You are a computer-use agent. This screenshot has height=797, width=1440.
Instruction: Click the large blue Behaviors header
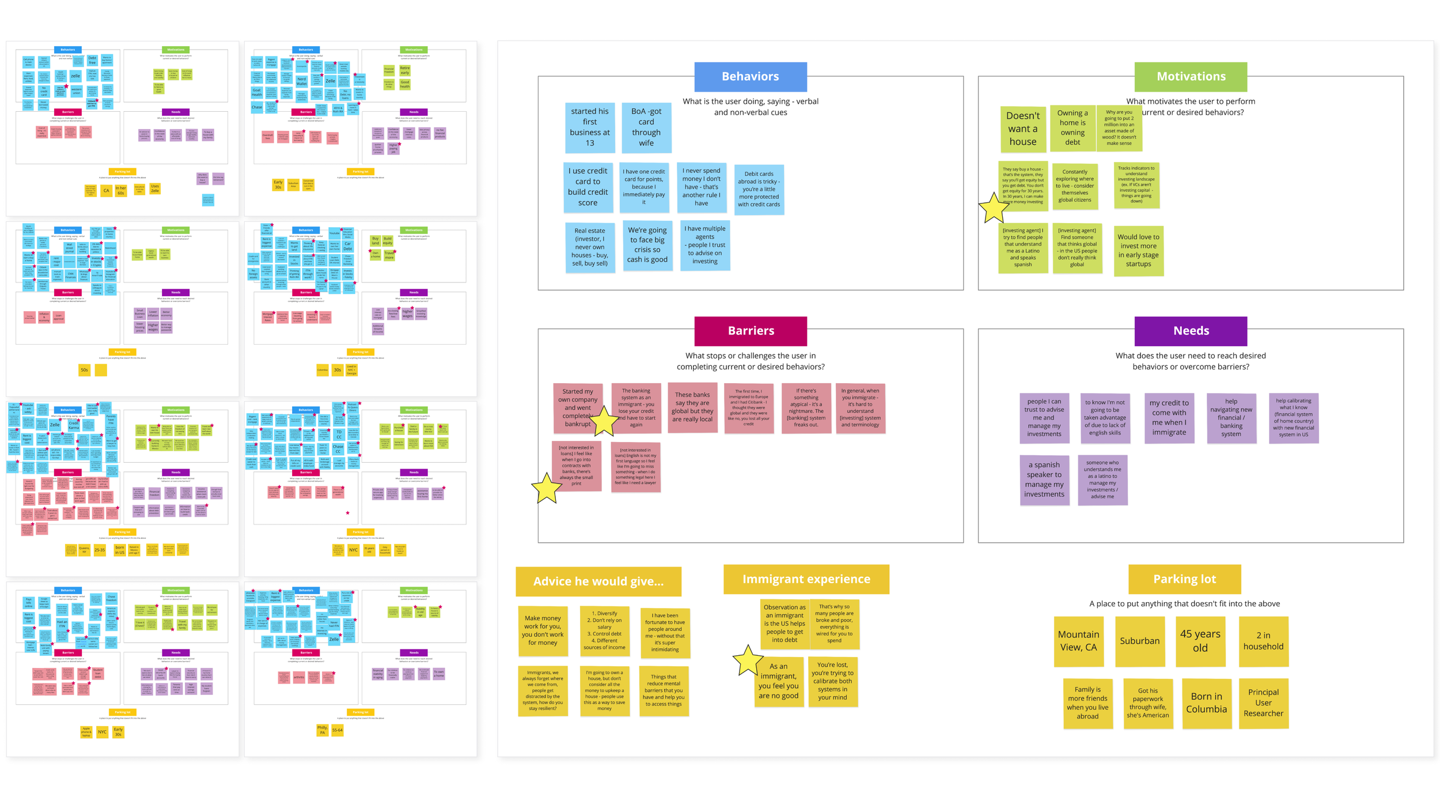750,77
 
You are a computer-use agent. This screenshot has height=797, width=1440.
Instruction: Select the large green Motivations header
1191,77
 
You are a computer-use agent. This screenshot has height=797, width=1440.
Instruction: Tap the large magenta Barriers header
750,331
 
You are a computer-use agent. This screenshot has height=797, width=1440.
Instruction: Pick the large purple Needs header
1191,331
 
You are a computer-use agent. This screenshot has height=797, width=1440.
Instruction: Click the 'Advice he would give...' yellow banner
598,581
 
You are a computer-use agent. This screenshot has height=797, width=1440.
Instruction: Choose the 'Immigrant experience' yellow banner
806,579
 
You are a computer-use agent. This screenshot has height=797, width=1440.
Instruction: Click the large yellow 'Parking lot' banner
1184,579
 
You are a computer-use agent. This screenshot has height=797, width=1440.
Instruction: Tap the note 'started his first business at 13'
589,127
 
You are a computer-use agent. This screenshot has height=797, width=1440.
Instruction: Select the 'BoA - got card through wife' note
646,127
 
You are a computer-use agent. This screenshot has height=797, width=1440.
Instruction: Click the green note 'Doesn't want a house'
1022,129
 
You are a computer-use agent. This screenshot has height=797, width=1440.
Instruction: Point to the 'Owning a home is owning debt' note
1072,128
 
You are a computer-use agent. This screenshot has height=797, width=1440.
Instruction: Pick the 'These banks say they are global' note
692,407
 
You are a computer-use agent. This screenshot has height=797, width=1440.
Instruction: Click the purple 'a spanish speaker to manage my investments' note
1044,479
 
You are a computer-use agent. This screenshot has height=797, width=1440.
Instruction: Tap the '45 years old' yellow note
1200,641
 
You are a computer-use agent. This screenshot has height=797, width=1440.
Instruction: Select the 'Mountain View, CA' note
1078,641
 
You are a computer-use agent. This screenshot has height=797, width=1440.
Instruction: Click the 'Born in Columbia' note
1206,703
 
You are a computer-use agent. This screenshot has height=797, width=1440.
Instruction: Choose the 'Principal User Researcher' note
1263,703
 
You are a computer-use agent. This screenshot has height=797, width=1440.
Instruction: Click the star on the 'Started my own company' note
604,421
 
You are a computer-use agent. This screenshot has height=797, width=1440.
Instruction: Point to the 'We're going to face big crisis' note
647,245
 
